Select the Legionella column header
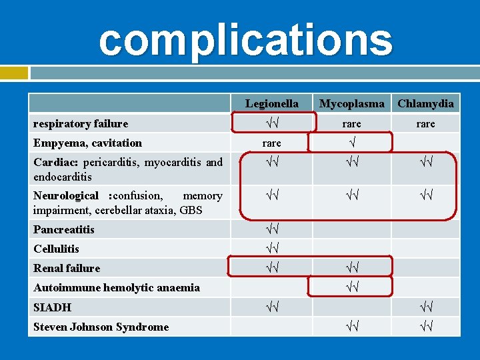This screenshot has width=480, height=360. [x=271, y=103]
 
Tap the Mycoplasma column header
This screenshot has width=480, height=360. [x=351, y=103]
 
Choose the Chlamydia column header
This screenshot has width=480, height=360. [x=425, y=103]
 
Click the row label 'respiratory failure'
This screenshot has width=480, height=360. [x=81, y=123]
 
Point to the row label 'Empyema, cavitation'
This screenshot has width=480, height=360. [x=87, y=143]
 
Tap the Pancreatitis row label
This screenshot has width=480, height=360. [x=64, y=229]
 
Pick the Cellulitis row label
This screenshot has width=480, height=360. [x=56, y=249]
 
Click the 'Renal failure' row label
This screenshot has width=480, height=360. [x=67, y=268]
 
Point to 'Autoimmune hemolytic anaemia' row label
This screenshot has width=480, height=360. [x=117, y=287]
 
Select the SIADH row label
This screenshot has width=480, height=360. [x=53, y=307]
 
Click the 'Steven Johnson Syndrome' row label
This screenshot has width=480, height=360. [x=101, y=327]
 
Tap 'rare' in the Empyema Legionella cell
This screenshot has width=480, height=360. [x=271, y=143]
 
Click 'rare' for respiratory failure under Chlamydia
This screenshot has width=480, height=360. [x=425, y=123]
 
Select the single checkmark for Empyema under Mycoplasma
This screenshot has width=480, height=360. [x=351, y=143]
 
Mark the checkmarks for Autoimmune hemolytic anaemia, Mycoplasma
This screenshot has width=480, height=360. [x=351, y=287]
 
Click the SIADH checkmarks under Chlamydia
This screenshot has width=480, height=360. [x=425, y=307]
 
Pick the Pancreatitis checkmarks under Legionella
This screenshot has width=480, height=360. [x=271, y=229]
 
